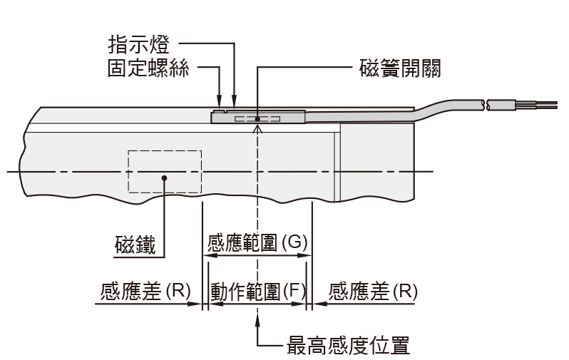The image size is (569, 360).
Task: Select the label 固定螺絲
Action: click(x=148, y=70)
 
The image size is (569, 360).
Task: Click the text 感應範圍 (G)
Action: click(x=257, y=242)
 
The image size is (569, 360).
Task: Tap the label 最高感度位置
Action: click(x=347, y=345)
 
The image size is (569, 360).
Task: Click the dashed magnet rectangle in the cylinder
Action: click(x=165, y=171)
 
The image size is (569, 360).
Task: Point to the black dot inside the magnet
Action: click(x=165, y=179)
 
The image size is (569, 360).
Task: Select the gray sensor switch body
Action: click(x=285, y=116)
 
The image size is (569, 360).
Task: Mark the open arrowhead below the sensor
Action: click(x=257, y=128)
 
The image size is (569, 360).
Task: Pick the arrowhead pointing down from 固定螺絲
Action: click(x=219, y=107)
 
